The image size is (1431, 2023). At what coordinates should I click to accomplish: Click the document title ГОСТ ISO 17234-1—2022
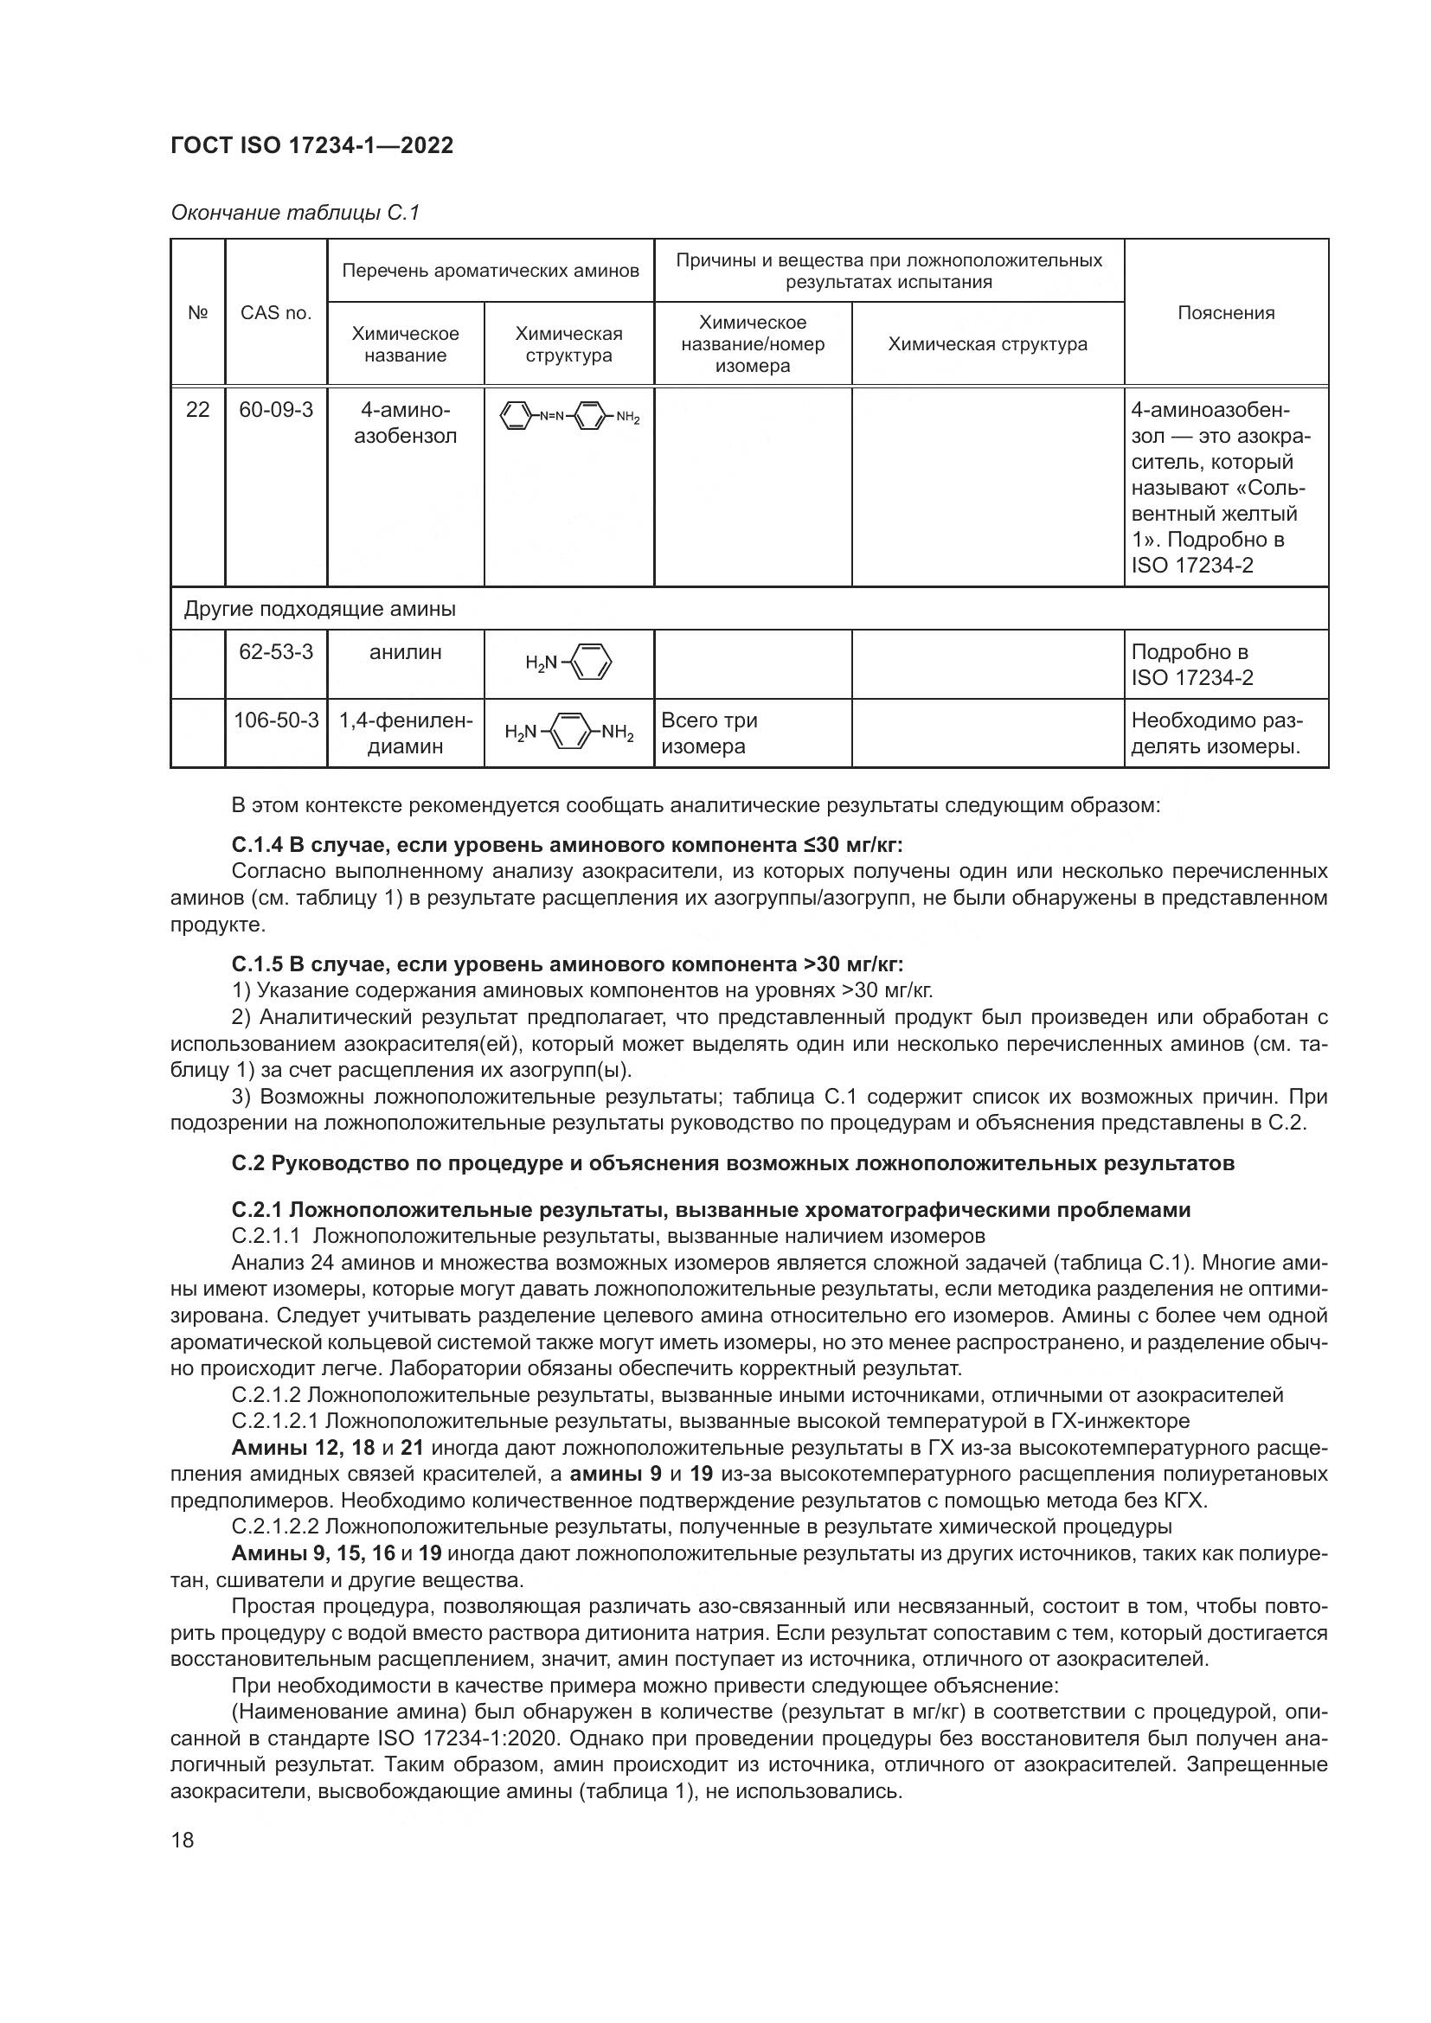point(312,146)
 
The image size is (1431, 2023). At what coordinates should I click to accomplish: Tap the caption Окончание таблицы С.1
point(295,213)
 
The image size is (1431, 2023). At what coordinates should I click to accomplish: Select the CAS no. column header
point(276,313)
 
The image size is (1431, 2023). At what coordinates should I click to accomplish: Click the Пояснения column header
point(1226,313)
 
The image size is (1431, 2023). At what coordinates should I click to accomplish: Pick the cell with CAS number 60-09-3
point(276,410)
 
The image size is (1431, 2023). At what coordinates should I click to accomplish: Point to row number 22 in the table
point(197,410)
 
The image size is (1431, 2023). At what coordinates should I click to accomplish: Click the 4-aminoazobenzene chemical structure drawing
point(569,417)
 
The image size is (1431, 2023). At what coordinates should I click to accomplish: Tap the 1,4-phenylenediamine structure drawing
point(569,733)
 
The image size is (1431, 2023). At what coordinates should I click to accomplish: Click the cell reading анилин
point(405,652)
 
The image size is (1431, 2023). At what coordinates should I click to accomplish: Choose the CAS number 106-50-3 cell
point(276,720)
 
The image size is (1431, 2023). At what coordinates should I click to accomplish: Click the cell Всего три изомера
point(709,733)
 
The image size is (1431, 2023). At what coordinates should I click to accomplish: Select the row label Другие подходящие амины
point(320,609)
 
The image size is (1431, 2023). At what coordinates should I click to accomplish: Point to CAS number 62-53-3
point(276,652)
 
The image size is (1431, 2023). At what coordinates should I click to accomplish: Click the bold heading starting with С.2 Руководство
point(732,1163)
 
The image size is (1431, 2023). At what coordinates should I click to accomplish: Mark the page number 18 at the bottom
point(183,1840)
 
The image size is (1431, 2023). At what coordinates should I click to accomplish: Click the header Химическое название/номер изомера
point(753,343)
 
